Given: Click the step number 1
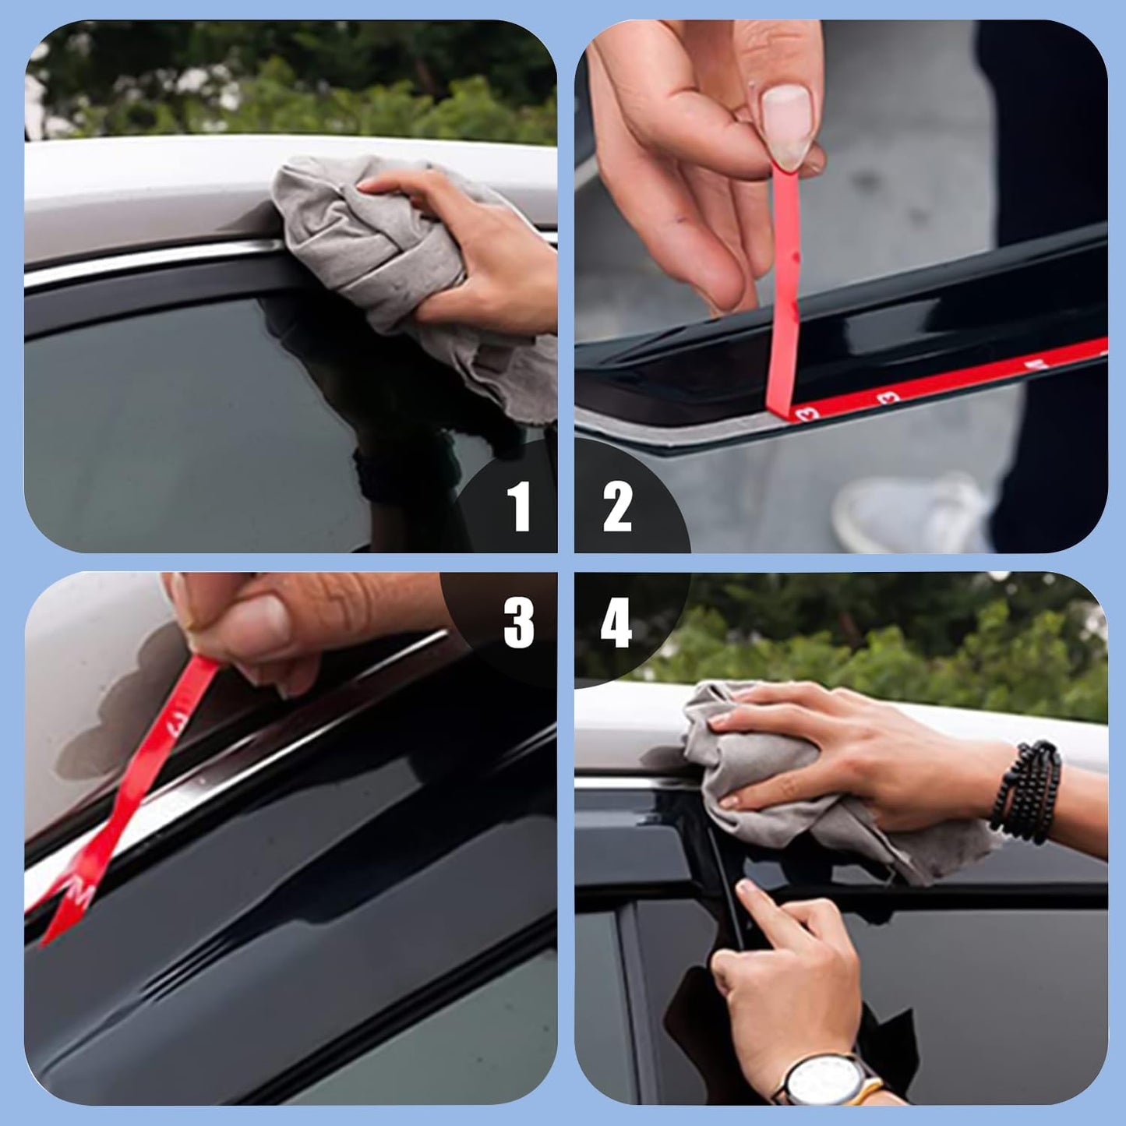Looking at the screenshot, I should (x=518, y=507).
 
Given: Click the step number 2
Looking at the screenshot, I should (x=616, y=507).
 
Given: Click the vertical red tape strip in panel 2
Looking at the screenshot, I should (x=782, y=296).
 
